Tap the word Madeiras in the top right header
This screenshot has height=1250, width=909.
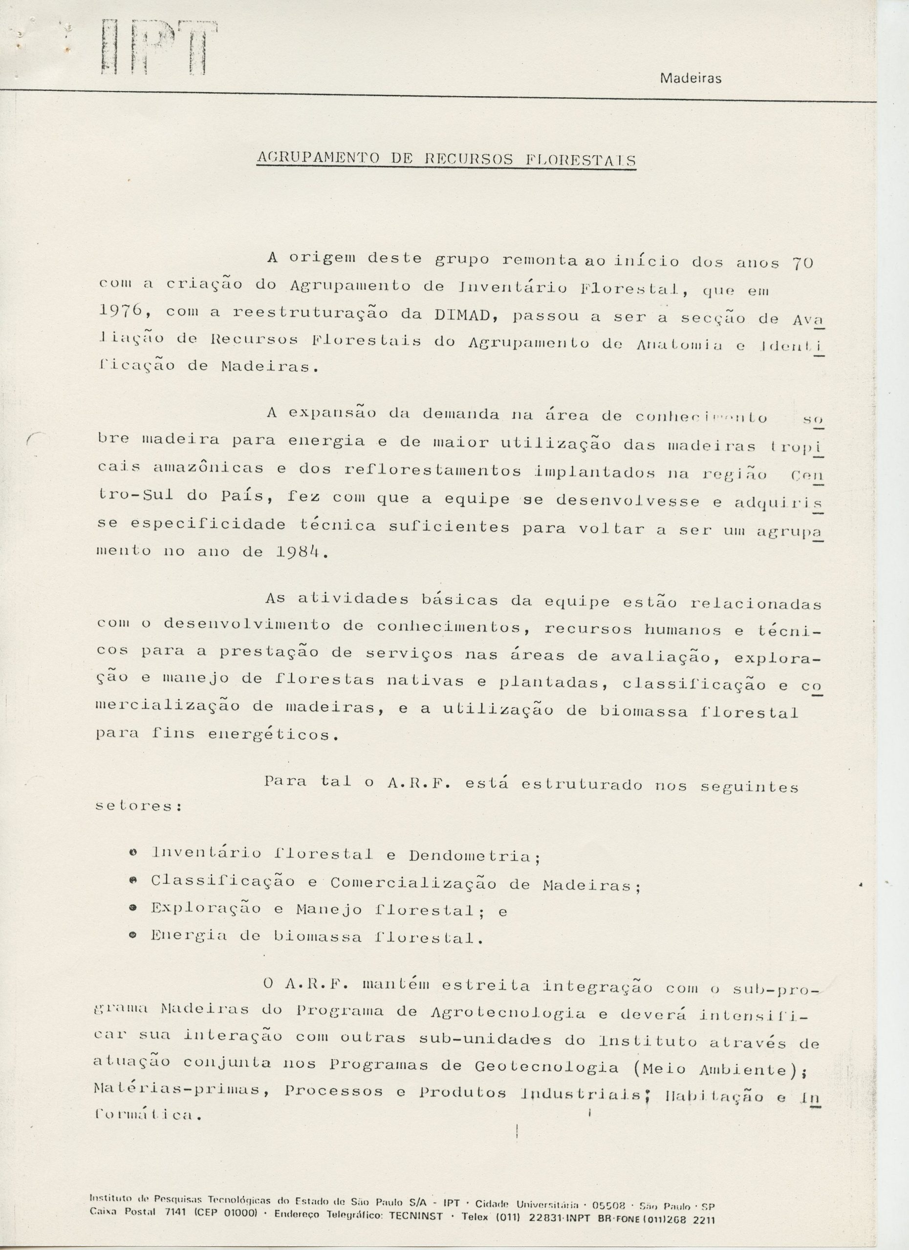690,79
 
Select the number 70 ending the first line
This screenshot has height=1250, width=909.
802,264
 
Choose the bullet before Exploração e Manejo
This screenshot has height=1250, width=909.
132,909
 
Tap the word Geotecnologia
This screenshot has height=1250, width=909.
546,1067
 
